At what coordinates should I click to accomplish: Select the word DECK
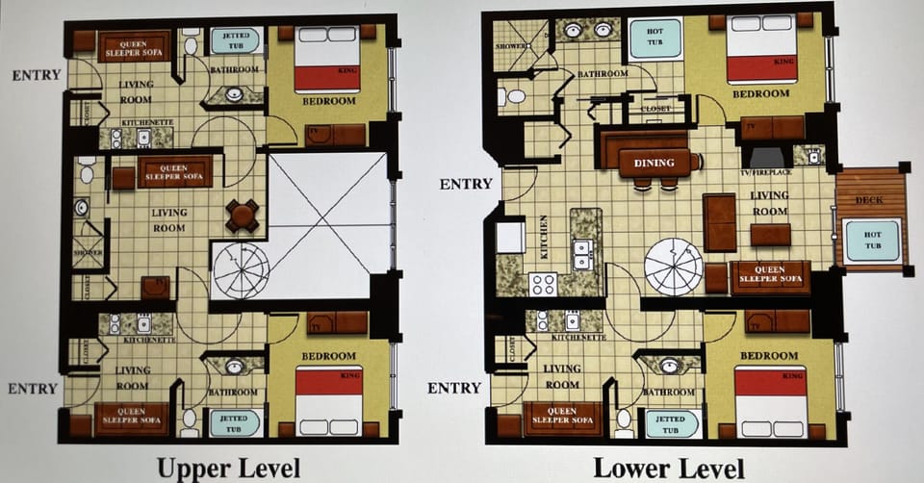click(872, 200)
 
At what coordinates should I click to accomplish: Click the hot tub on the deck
click(871, 241)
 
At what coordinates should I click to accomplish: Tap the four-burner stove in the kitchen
click(543, 284)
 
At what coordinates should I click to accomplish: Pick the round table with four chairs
click(242, 216)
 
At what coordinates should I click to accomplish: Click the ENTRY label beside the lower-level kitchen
click(466, 184)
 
